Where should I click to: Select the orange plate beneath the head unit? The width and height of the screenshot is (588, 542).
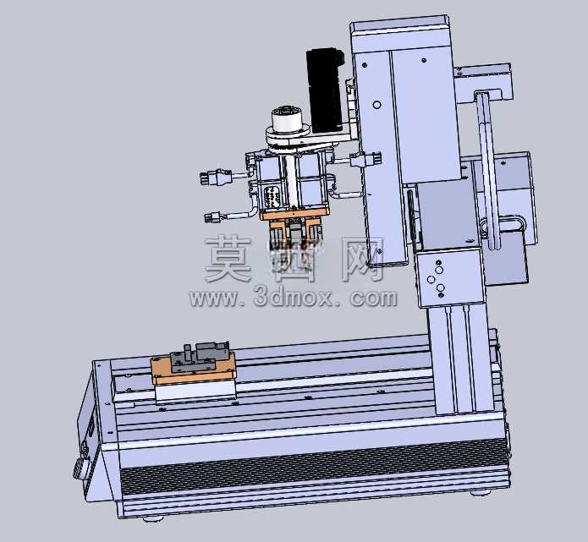294,215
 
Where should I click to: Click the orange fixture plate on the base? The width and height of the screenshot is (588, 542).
193,370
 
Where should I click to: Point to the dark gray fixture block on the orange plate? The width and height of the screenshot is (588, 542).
200,357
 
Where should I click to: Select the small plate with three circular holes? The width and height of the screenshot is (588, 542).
449,277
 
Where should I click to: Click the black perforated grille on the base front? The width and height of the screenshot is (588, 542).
314,468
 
